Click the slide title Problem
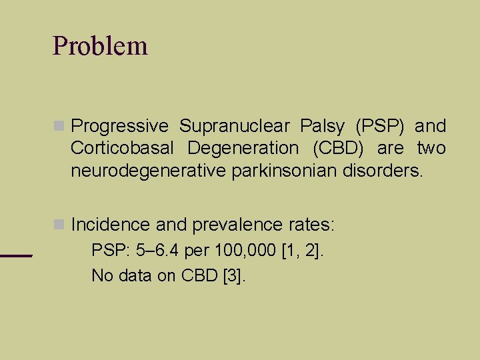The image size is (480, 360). pos(100,46)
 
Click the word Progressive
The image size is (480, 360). pos(120,127)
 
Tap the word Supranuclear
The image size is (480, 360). pos(234,127)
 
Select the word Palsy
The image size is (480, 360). pos(322,127)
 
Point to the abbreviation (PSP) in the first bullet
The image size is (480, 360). pos(379,127)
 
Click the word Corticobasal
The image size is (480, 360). pos(123,149)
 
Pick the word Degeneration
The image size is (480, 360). pos(243,149)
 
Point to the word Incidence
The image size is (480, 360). pos(111,225)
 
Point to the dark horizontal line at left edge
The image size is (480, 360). pos(16,255)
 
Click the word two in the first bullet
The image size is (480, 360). pos(431,149)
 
